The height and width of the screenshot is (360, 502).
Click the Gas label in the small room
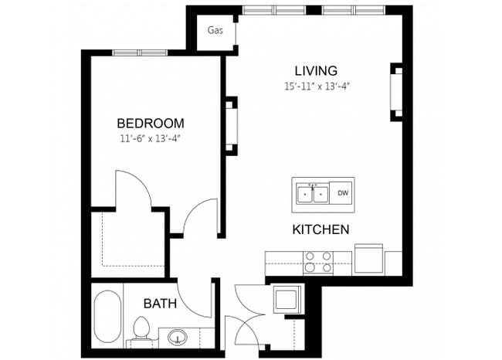pos(215,32)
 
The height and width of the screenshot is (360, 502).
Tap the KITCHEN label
pos(321,229)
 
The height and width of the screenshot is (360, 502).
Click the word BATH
pos(160,304)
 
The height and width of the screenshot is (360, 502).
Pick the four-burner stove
pos(318,263)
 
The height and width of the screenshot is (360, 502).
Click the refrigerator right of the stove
pos(368,259)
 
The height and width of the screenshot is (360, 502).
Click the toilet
pos(141,329)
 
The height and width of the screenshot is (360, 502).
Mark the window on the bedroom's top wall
pos(140,53)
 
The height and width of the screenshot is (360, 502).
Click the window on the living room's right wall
pos(398,91)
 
